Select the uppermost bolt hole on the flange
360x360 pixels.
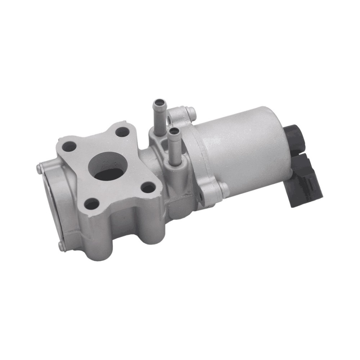coord(122,132)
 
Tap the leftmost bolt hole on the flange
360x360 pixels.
coord(69,147)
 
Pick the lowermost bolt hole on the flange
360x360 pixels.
coord(92,204)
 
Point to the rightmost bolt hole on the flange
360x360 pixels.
coord(148,187)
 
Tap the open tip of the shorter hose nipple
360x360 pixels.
coord(174,131)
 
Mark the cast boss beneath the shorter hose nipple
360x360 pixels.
coord(175,169)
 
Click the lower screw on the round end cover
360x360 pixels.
coord(60,246)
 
